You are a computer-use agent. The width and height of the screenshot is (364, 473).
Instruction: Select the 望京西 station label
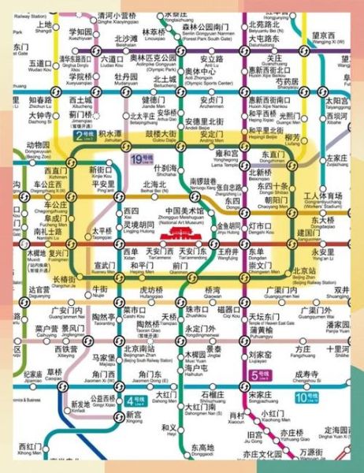pos(323,37)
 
